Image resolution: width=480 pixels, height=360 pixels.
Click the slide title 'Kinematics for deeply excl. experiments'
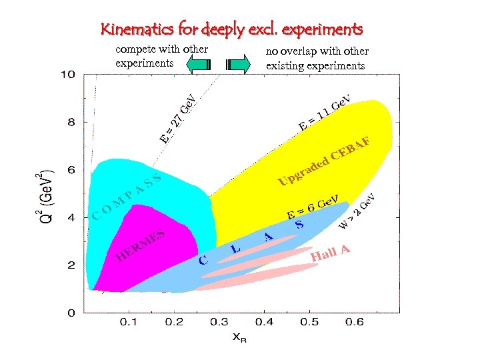[231, 29]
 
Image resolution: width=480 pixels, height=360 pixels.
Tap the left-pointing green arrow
[199, 65]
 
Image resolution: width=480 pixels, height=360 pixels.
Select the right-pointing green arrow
[238, 65]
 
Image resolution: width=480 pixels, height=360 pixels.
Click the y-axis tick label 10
[68, 74]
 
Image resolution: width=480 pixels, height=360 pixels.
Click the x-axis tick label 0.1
[129, 323]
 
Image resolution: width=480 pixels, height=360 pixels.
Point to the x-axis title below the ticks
[239, 338]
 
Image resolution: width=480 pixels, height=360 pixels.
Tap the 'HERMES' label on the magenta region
[140, 245]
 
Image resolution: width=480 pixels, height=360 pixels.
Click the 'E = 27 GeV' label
[178, 118]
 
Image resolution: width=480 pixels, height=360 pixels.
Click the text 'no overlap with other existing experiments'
[317, 58]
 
